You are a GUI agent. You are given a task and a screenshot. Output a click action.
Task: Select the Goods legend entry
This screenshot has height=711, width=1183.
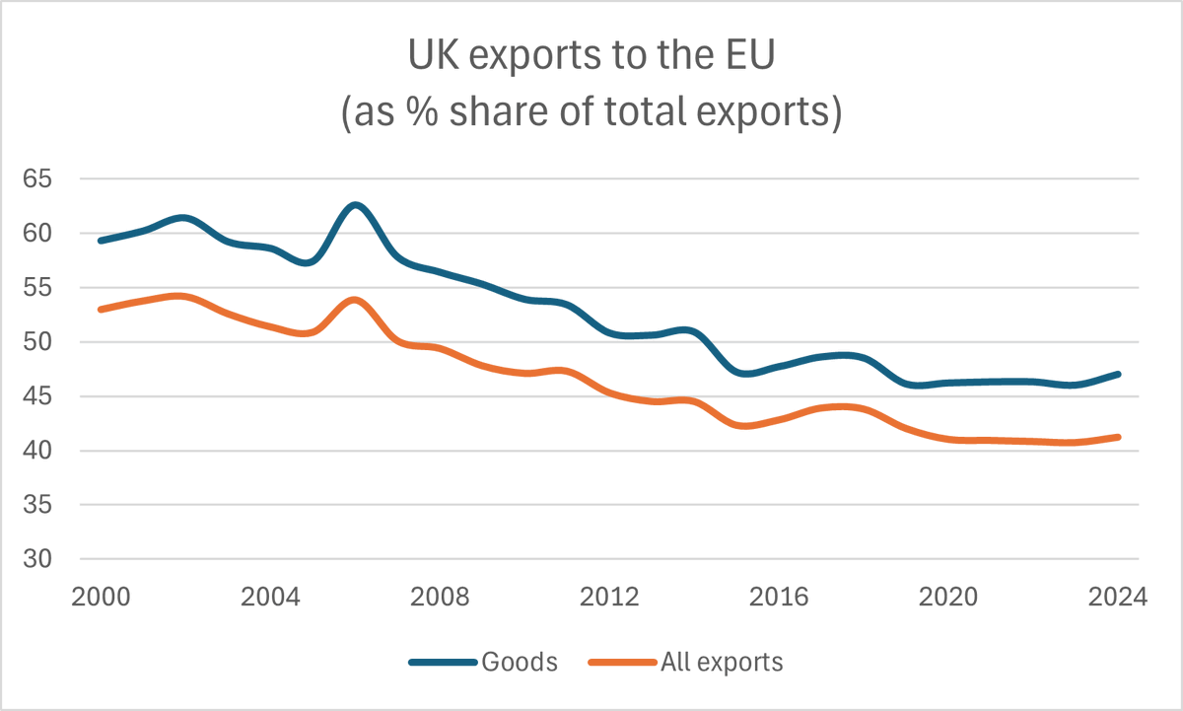pyautogui.click(x=519, y=662)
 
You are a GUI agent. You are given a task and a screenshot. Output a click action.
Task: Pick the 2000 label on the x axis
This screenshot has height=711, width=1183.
pyautogui.click(x=100, y=598)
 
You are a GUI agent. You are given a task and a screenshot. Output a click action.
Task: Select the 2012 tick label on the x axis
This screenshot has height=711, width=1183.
pyautogui.click(x=609, y=598)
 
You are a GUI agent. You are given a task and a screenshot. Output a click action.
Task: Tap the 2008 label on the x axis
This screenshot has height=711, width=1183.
pyautogui.click(x=440, y=598)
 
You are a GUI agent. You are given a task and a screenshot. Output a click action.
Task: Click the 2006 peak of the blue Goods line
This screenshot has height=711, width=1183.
pyautogui.click(x=355, y=205)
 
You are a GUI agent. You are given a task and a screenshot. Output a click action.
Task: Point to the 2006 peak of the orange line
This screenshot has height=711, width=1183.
pyautogui.click(x=355, y=300)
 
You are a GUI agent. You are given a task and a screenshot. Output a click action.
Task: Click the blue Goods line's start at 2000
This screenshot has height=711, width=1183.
pyautogui.click(x=101, y=240)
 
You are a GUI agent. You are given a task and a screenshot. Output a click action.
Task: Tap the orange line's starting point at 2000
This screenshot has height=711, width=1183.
pyautogui.click(x=101, y=309)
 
